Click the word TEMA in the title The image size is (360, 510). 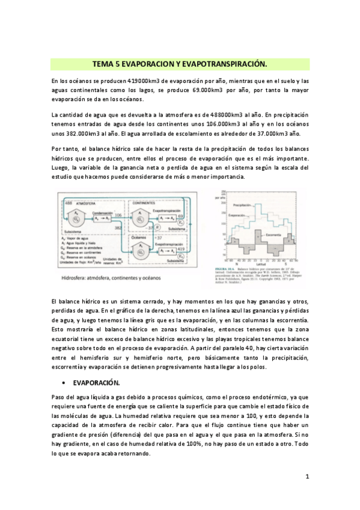click(x=103, y=64)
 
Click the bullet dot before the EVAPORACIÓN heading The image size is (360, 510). click(x=63, y=382)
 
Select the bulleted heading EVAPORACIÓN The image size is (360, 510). click(x=97, y=382)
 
